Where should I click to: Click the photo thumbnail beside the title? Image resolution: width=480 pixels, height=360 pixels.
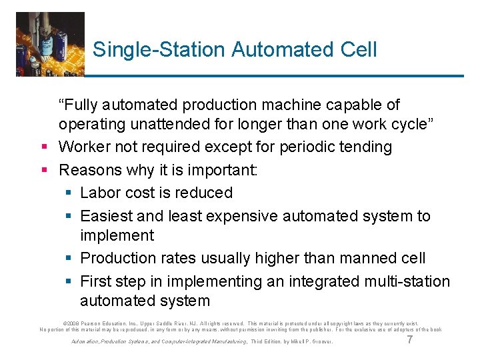click(x=51, y=43)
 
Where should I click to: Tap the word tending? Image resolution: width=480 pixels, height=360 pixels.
click(x=367, y=147)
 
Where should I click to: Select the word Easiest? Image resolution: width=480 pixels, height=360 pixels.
click(x=107, y=216)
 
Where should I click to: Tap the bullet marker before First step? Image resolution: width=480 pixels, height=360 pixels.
click(x=67, y=281)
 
